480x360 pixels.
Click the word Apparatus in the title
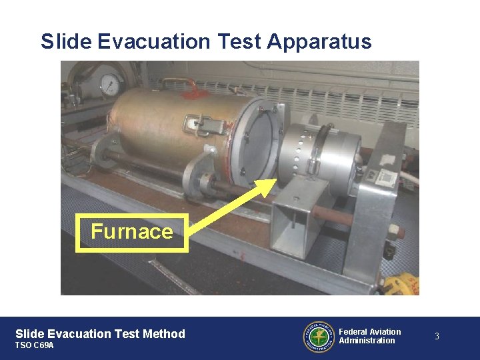(319, 42)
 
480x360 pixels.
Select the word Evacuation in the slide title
(153, 41)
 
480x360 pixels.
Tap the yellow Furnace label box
(132, 232)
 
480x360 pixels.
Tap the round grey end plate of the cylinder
(256, 143)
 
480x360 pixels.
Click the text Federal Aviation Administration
(370, 336)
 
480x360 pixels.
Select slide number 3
(437, 337)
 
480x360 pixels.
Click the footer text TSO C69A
(35, 345)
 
